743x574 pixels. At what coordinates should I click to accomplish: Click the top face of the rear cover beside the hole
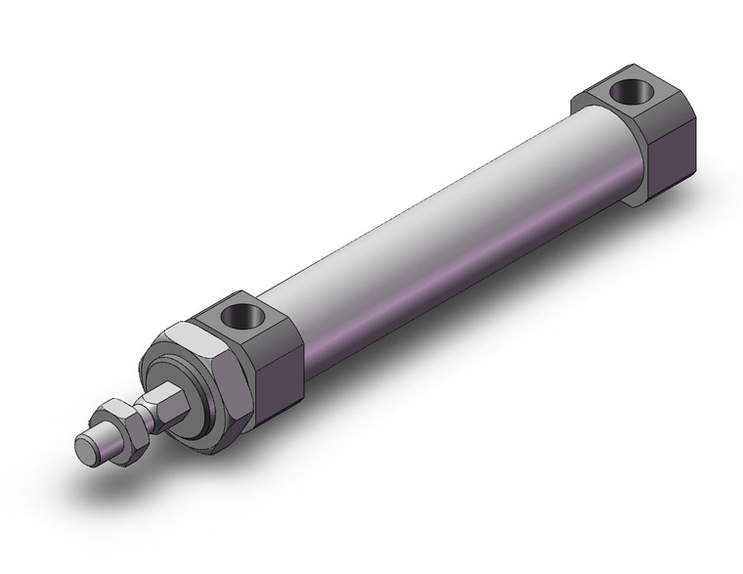click(x=596, y=98)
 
